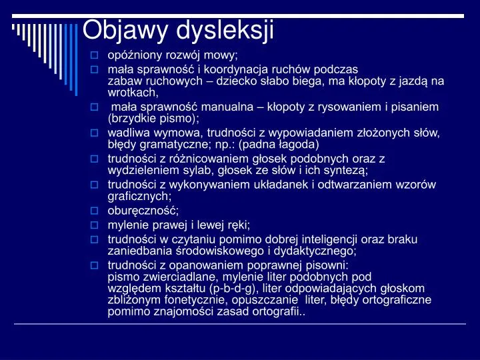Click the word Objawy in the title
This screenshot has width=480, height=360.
coord(125,30)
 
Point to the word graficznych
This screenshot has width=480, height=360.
coord(139,196)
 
